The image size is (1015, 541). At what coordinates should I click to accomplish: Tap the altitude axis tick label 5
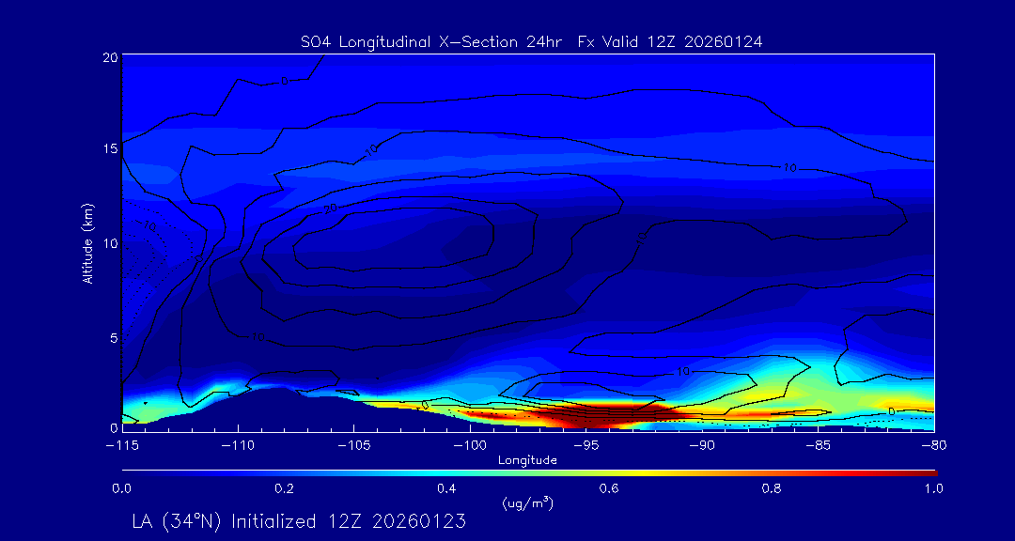pos(112,336)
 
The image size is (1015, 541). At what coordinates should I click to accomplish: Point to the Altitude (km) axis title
pos(87,242)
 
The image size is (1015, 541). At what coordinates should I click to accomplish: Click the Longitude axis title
pos(527,460)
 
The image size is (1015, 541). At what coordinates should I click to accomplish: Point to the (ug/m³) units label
pos(528,503)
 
